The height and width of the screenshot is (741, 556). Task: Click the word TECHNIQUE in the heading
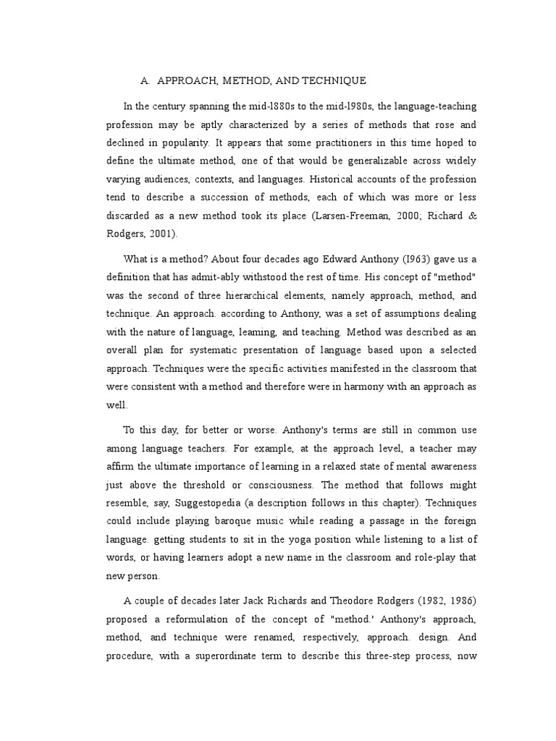click(x=332, y=80)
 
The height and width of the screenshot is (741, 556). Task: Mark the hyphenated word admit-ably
click(x=227, y=278)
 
